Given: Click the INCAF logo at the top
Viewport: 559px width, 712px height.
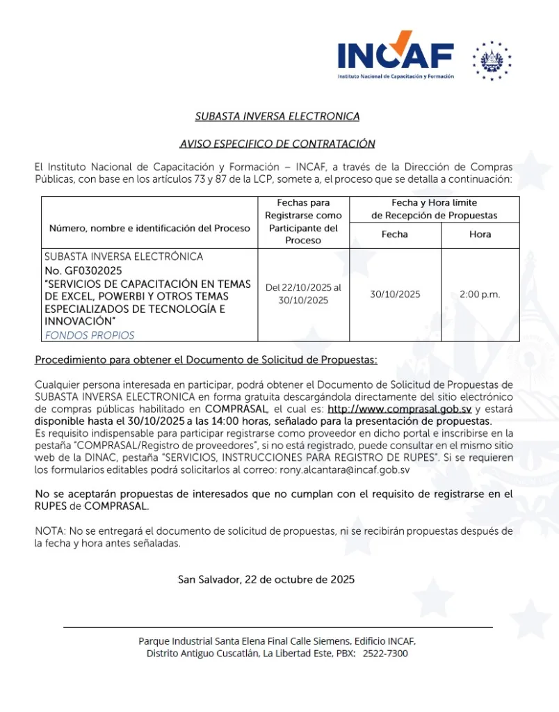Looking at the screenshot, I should coord(396,54).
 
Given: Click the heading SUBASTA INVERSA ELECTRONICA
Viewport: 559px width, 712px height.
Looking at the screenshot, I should coord(277,116).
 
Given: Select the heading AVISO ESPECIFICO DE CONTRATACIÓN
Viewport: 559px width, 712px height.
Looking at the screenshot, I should coord(277,144).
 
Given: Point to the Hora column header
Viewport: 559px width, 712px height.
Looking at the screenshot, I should coord(480,234).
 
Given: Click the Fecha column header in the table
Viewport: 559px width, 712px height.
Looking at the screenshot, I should coord(394,234).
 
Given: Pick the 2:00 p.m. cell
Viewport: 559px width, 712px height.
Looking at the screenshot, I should coord(480,294).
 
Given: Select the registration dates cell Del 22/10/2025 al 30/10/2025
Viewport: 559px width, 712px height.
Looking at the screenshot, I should coord(303,294).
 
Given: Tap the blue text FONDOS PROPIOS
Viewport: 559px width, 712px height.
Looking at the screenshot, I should coord(90,335).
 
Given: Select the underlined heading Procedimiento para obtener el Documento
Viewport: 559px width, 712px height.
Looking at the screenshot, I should coord(206,360).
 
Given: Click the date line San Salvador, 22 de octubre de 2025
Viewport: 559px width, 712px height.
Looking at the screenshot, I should coord(266,579).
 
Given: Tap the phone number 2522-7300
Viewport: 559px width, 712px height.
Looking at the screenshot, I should coord(385,654).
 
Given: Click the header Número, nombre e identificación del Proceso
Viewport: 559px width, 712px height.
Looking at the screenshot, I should coord(149,228).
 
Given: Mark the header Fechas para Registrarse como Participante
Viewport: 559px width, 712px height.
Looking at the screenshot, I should coord(303,221).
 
